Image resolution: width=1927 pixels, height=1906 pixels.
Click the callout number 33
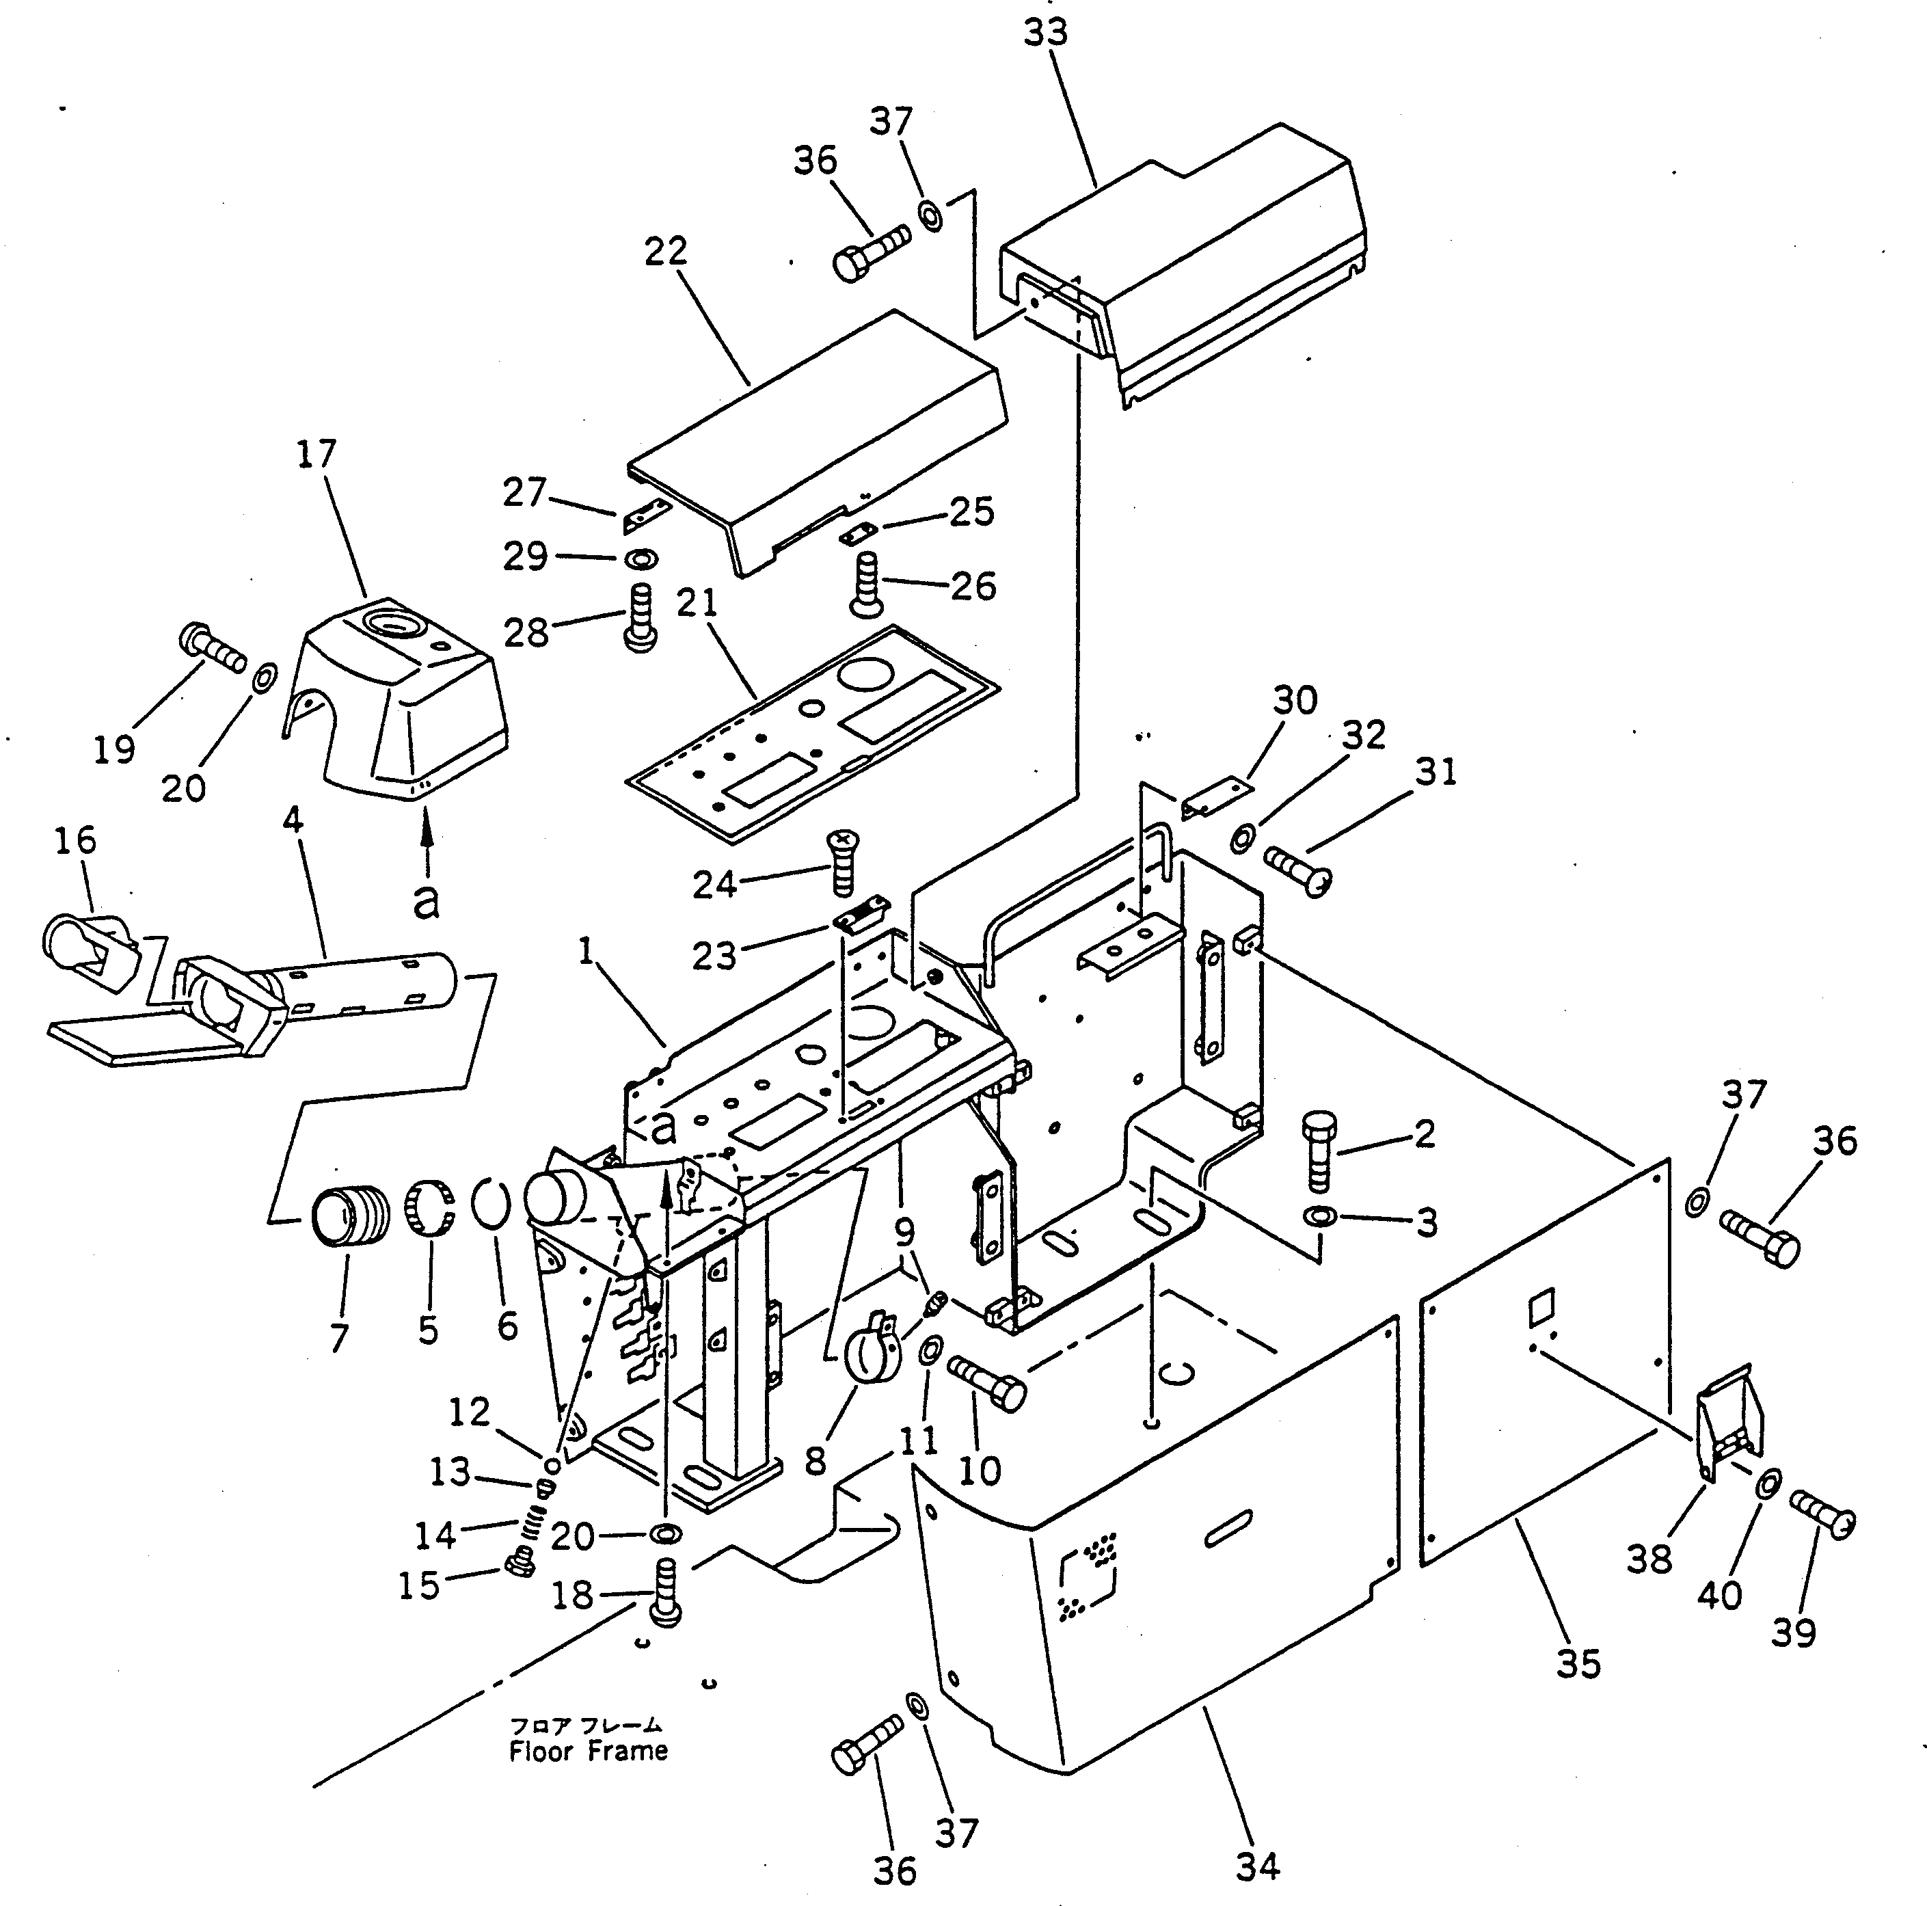click(x=1045, y=32)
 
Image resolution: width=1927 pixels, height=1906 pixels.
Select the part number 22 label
click(x=665, y=252)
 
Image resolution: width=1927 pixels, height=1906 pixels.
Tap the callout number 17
click(x=316, y=454)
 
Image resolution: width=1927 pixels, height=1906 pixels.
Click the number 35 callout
click(x=1577, y=1663)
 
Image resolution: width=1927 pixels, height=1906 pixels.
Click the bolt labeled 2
click(x=1319, y=1151)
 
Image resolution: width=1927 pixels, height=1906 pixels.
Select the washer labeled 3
click(x=1321, y=1217)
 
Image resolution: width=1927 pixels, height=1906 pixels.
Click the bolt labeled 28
click(x=639, y=619)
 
